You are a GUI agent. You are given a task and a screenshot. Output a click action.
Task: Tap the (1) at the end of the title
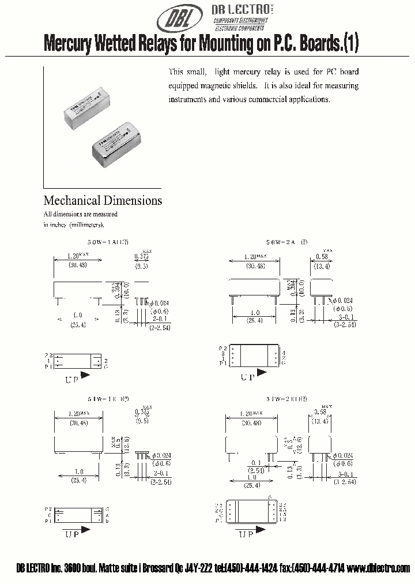351,44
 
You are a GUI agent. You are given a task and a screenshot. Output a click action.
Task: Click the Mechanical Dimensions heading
103,201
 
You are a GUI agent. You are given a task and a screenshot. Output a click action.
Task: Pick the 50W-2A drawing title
265,244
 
